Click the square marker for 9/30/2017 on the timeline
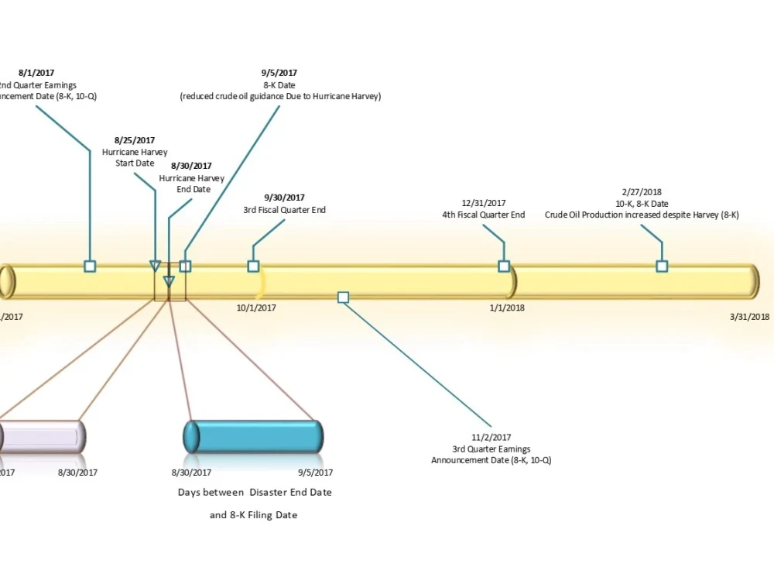tap(253, 266)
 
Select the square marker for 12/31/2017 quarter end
tap(504, 266)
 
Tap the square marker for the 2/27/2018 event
tap(662, 266)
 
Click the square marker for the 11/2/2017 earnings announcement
tap(343, 297)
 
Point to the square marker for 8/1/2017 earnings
tap(90, 266)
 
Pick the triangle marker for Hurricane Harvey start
tap(155, 266)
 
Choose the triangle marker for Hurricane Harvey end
tap(169, 281)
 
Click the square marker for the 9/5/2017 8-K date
tap(185, 266)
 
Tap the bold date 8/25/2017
tap(135, 140)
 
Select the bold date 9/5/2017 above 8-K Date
tap(279, 73)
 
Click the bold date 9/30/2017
tap(284, 198)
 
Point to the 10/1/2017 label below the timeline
tap(256, 308)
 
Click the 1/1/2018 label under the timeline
tap(507, 308)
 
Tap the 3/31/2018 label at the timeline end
tap(749, 316)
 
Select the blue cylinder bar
tap(253, 437)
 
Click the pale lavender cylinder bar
tap(43, 437)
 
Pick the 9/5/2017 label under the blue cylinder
tap(315, 472)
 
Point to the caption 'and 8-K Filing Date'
tap(253, 515)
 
